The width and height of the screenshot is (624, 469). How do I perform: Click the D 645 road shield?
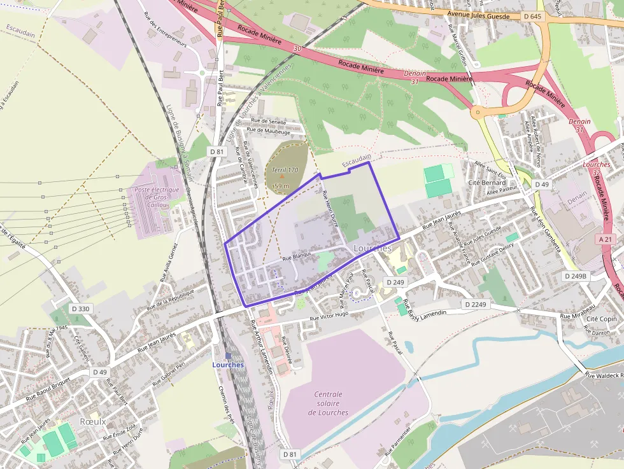pos(532,16)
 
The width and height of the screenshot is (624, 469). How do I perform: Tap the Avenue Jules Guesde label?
pos(479,14)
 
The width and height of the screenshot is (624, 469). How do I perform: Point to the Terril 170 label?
pos(285,170)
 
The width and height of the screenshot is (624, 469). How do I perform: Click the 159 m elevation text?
pos(281,186)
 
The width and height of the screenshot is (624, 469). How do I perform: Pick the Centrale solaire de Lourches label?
pos(329,403)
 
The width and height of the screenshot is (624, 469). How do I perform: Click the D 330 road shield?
pos(80,309)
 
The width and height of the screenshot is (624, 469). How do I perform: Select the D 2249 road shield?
pos(475,305)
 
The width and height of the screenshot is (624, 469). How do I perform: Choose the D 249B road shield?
pos(576,276)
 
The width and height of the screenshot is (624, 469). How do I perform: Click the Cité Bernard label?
pos(487,183)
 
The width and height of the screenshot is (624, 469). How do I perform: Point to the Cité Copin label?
pos(602,318)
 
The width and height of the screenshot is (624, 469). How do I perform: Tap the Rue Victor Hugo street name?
pos(329,316)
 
